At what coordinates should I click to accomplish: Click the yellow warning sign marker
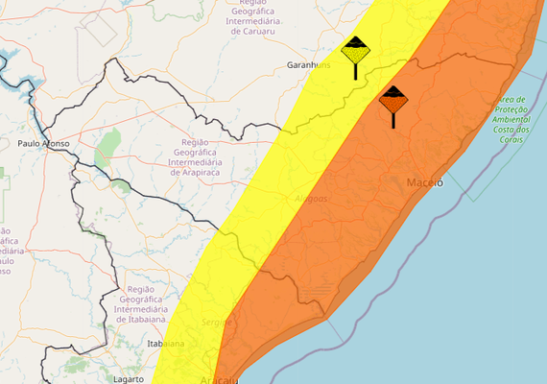tap(356, 50)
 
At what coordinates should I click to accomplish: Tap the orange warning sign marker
tap(393, 98)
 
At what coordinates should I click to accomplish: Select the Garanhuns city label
tap(308, 65)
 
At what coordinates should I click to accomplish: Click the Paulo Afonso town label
tap(43, 144)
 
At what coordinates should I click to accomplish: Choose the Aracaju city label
tap(221, 380)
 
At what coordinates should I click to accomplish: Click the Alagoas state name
tap(310, 199)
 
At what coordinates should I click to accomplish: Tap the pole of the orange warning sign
tap(393, 119)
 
